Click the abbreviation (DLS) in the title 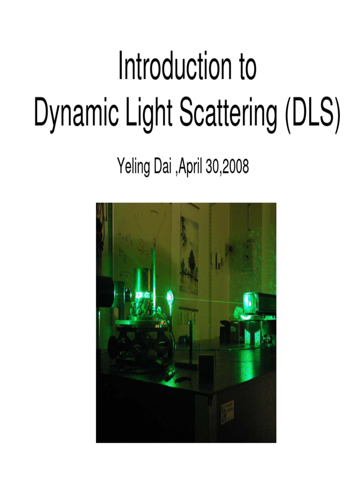[x=310, y=114]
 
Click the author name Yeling [x=133, y=167]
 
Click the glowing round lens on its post [x=170, y=296]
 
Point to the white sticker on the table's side [x=228, y=409]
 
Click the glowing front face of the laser [x=248, y=302]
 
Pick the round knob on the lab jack [x=112, y=346]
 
